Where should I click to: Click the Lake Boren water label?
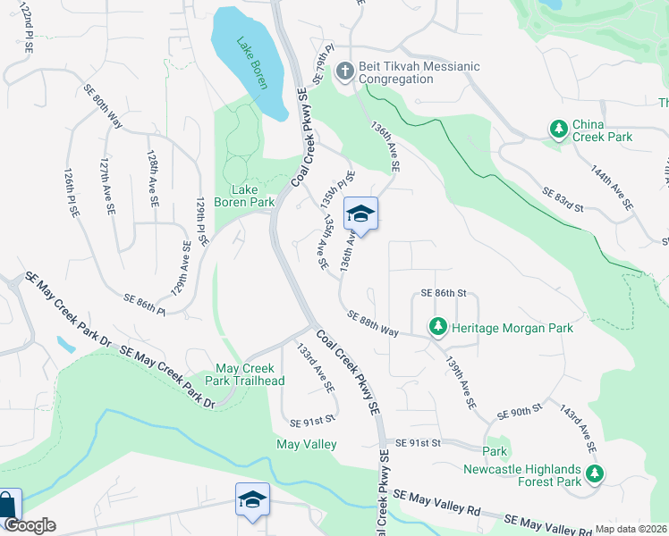(250, 64)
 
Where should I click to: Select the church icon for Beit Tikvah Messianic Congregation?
(345, 71)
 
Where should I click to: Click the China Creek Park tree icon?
(559, 130)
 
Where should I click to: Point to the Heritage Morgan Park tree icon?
(438, 328)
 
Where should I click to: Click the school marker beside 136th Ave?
(360, 214)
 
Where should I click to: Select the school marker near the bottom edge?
(252, 499)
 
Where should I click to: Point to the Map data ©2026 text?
(631, 528)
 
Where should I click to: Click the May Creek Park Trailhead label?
(250, 375)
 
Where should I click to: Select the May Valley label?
(307, 444)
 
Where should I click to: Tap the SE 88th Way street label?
(372, 323)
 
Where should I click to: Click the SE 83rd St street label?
(563, 199)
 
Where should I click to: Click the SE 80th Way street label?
(103, 104)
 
